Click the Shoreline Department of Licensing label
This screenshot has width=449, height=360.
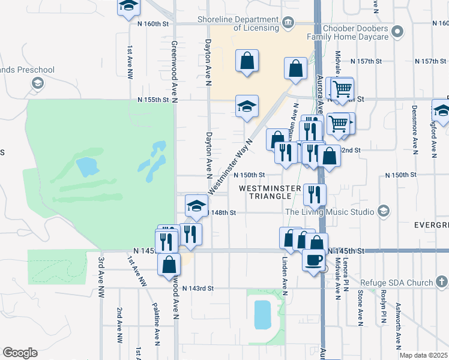coord(240,23)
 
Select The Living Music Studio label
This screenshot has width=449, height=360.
coord(330,212)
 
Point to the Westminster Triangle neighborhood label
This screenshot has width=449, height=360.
coord(269,193)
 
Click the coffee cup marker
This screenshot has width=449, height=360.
coord(314,260)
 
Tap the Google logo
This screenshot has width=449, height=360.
coord(20,353)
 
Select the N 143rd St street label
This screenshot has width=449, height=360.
coord(198,289)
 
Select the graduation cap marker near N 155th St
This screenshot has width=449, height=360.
coord(247,107)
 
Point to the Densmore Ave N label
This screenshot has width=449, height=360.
coord(414,128)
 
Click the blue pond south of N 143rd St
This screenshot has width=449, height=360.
coord(262,314)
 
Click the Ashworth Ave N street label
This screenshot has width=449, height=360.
coord(398,325)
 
